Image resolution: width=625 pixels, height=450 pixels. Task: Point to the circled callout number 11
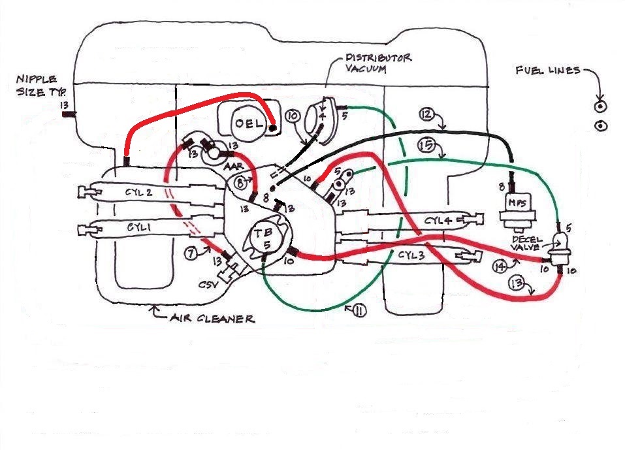click(x=359, y=311)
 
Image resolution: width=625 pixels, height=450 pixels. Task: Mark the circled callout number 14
click(x=500, y=266)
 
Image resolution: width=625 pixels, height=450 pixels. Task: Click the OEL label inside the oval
click(x=249, y=121)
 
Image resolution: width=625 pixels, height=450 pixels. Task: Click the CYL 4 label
click(x=437, y=221)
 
